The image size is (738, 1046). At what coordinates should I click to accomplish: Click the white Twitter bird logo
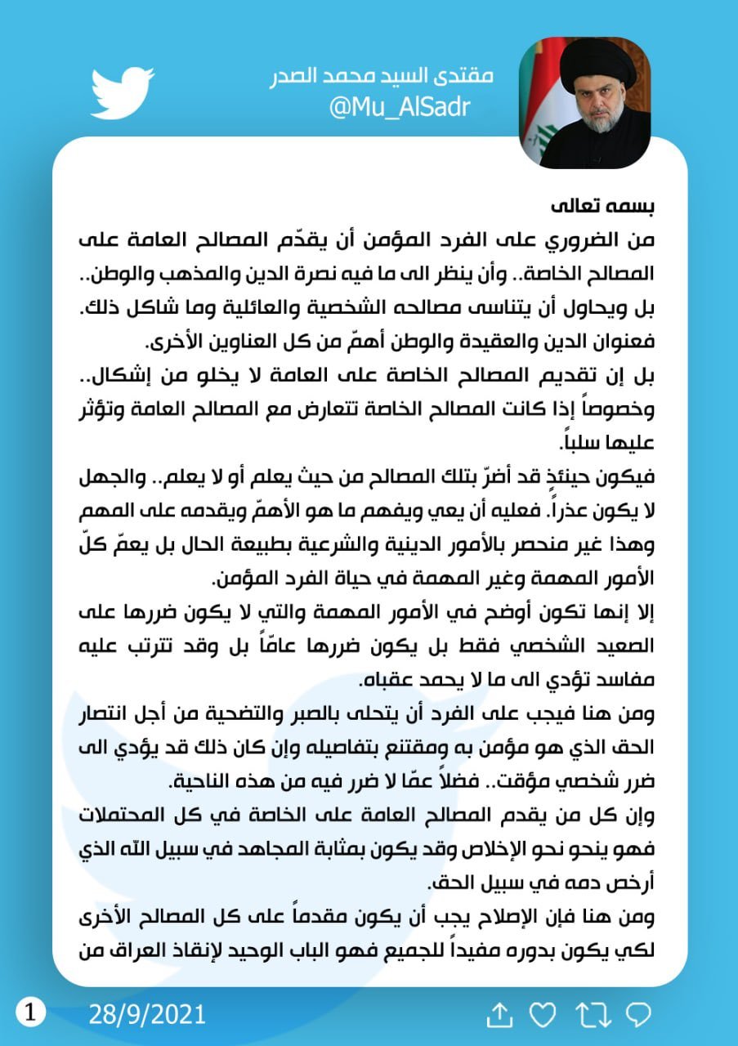point(122,93)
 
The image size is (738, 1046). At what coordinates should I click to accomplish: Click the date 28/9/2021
point(147,1015)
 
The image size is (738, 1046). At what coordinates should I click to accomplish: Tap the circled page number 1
point(30,1013)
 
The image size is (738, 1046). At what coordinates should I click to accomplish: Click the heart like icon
point(542,1015)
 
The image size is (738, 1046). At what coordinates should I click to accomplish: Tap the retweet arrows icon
point(593,1015)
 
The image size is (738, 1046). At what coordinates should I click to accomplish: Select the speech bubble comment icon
point(637,1015)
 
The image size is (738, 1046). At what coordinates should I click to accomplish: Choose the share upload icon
point(499,1015)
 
